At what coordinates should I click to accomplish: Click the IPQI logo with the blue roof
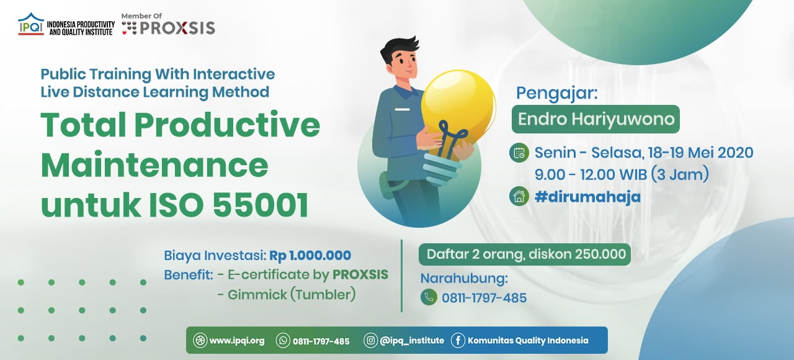pos(31,24)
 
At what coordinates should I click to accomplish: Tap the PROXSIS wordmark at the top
pos(177,28)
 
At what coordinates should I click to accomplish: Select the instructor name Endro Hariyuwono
pos(595,119)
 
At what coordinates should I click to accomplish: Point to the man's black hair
pos(399,49)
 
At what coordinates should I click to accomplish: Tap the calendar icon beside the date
pos(519,153)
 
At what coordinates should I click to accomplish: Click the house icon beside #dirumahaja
pos(519,197)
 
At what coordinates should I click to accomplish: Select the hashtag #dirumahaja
pos(587,197)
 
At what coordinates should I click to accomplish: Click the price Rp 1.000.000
pos(310,255)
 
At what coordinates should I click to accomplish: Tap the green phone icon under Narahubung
pos(429,297)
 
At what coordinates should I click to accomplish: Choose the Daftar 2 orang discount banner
pos(525,254)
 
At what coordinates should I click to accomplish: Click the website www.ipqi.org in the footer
pos(237,341)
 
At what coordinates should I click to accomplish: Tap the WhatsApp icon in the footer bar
pos(283,341)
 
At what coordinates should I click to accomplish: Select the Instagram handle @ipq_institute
pos(412,341)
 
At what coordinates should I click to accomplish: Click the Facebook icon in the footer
pos(458,341)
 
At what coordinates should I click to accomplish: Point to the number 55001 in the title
pos(261,205)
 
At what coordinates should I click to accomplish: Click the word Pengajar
pos(557,94)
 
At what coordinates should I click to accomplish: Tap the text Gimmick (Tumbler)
pos(292,295)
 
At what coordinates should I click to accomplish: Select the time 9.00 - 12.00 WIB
pos(591,174)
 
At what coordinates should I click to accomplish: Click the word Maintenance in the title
pos(154,165)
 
